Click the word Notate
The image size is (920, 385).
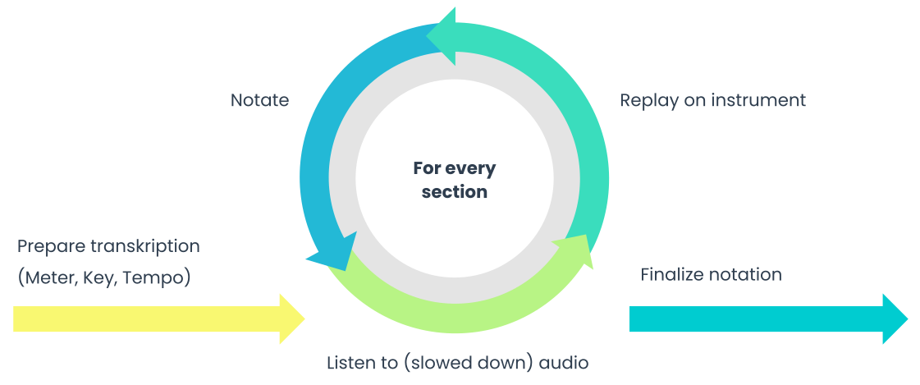(259, 101)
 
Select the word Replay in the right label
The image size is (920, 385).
(645, 101)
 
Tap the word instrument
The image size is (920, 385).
(758, 101)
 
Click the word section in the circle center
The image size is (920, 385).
(454, 193)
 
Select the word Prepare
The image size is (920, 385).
(48, 246)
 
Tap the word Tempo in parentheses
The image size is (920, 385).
(159, 278)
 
